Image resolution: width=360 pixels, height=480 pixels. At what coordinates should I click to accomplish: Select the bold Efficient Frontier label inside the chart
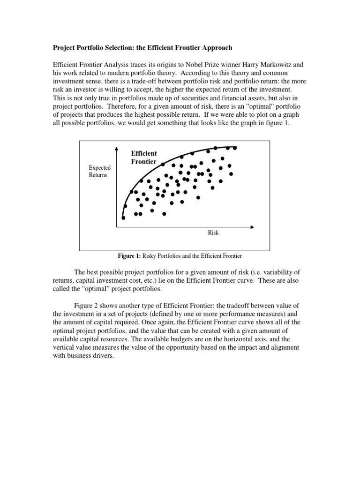[x=144, y=157]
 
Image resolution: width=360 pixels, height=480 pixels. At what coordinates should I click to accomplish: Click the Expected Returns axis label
[x=99, y=171]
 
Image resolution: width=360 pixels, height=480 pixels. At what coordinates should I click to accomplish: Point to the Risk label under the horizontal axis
[x=213, y=232]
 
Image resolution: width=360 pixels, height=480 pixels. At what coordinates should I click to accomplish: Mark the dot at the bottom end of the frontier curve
[x=123, y=217]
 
